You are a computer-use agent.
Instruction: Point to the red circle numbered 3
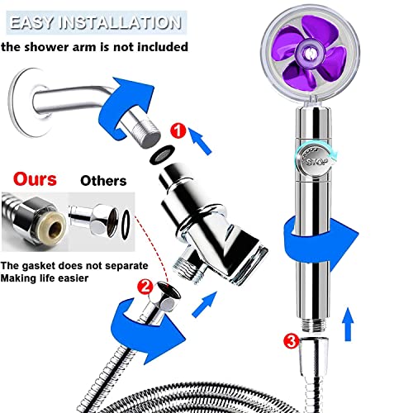tap(290, 338)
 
